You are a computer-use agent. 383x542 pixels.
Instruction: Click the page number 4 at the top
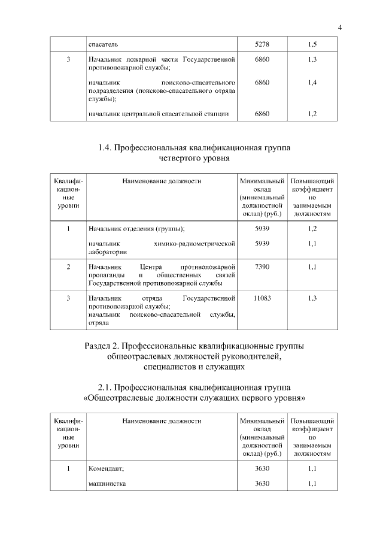click(x=339, y=26)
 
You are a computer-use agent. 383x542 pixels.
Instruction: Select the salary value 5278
click(x=262, y=44)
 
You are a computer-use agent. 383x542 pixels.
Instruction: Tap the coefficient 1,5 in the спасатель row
click(x=312, y=44)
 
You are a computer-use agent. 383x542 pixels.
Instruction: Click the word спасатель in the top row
click(x=103, y=44)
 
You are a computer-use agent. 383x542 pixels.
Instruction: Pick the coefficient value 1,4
click(x=312, y=82)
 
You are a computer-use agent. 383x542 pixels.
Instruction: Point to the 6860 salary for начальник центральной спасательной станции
click(x=262, y=113)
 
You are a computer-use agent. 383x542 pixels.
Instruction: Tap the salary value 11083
click(x=262, y=298)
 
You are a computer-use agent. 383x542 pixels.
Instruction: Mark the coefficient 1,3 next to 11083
click(x=312, y=298)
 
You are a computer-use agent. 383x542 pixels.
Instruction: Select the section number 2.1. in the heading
click(x=105, y=386)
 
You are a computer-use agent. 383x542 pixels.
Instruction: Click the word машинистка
click(x=107, y=483)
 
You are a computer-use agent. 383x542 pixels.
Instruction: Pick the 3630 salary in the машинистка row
click(x=262, y=483)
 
